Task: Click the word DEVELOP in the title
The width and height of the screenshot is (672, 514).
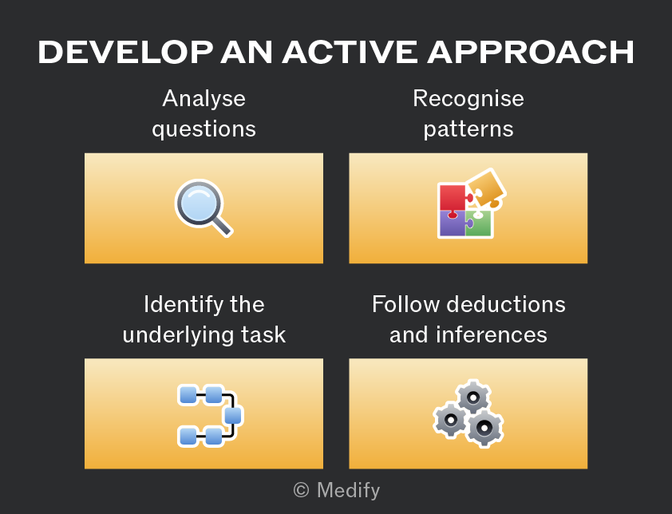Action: coord(125,53)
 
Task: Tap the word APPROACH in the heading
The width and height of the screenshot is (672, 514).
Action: coord(531,53)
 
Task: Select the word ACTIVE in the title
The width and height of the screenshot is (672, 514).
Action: coord(350,53)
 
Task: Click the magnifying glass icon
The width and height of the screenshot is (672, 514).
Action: coord(204,208)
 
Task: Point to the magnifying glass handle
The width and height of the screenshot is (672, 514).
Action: coord(222,226)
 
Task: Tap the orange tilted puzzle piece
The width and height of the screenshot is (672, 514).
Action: coord(486,188)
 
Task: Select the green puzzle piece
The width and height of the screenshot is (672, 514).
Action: coord(479,223)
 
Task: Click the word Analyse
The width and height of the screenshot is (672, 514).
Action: coord(204,99)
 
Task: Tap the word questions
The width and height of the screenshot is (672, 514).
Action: coord(204,129)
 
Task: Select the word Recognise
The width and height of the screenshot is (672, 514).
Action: coord(468,99)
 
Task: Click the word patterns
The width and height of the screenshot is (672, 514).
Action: coord(468,129)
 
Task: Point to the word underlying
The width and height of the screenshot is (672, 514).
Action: coord(178,335)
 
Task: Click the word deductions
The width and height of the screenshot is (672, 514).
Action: coord(506,304)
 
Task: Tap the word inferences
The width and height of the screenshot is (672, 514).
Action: coord(492,334)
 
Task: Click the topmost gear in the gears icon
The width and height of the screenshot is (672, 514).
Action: coord(473,397)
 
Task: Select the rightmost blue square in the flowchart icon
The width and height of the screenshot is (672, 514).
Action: coord(233,415)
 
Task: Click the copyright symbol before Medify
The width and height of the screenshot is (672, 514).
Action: coord(302,490)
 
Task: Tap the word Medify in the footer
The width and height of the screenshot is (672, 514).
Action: coord(349,490)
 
